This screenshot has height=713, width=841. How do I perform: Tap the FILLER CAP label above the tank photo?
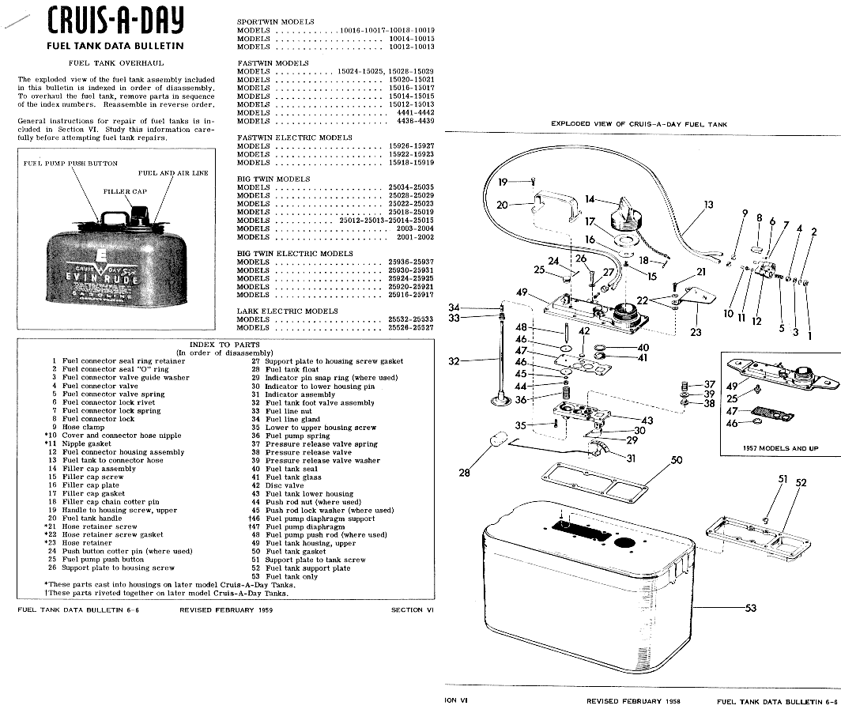pos(125,191)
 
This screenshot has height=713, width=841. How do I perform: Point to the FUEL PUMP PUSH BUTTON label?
pos(70,164)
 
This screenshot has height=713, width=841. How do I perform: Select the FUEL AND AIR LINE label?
pos(173,173)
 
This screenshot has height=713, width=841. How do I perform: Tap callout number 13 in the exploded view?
pos(708,205)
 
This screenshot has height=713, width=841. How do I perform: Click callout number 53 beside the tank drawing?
pos(750,608)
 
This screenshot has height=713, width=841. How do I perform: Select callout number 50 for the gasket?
pos(677,460)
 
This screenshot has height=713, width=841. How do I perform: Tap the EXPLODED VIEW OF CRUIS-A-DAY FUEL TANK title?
pos(639,124)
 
